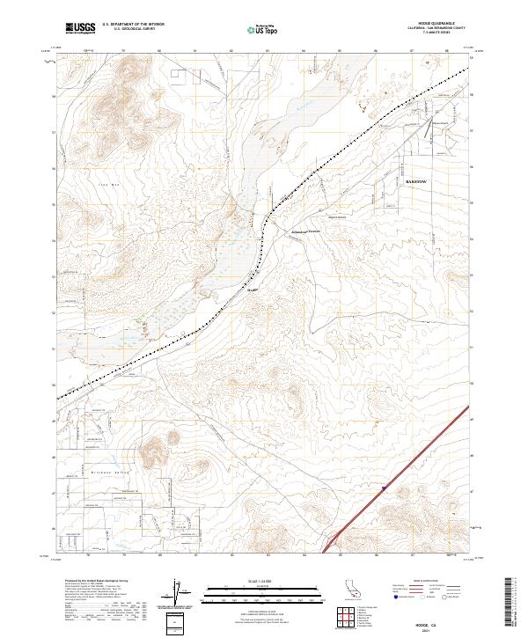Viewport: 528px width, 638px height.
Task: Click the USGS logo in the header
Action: [x=80, y=29]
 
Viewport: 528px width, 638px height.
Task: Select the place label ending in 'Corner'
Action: [x=304, y=231]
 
